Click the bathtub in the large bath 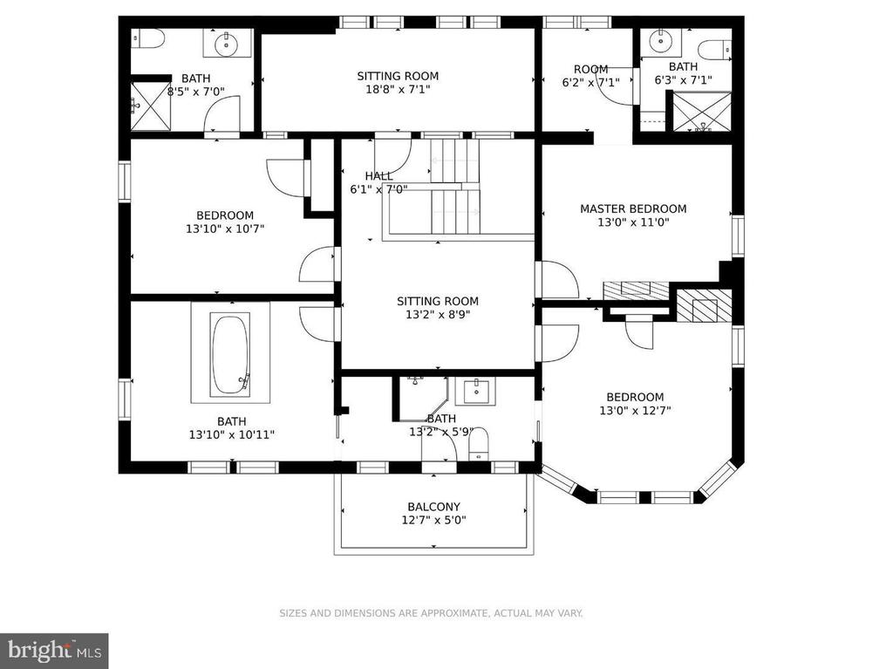(230, 352)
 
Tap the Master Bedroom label (633, 208)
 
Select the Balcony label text (433, 507)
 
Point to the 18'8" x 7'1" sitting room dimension (398, 89)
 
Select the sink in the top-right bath (660, 40)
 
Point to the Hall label (378, 176)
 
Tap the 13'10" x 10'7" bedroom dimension (224, 229)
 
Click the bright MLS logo (53, 651)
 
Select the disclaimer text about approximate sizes (431, 613)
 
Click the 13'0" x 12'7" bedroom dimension (634, 410)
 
